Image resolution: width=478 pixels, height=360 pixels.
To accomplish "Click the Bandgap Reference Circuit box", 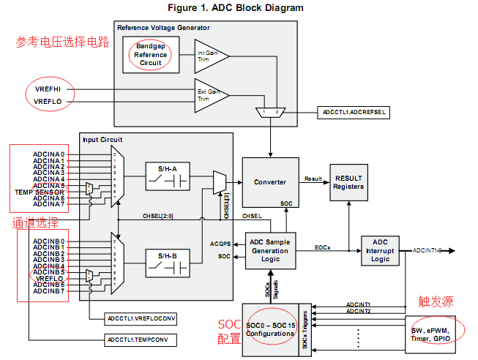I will [x=151, y=55].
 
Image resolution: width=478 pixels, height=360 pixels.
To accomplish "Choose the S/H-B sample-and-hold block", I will [x=168, y=261].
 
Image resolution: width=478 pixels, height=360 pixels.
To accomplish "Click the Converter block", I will [x=270, y=182].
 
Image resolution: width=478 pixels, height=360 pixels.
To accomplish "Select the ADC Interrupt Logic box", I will [x=380, y=250].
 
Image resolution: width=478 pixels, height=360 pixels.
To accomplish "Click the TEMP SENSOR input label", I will [x=40, y=192].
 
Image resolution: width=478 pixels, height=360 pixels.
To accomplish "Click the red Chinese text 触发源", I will [x=436, y=301].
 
